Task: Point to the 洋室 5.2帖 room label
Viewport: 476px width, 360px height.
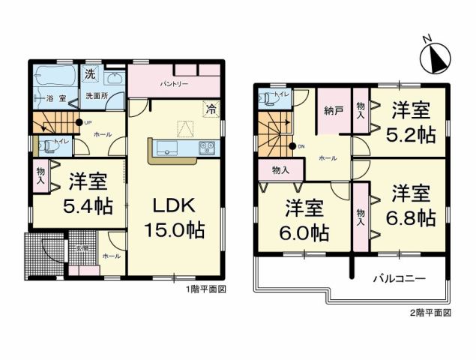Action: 412,122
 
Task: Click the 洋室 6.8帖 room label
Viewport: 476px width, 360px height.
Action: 412,205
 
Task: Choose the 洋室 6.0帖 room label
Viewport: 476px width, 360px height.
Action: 304,221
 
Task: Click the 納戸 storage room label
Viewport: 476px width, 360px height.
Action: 333,111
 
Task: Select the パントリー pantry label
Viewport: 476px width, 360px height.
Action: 173,84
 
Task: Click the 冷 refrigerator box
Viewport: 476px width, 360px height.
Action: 212,108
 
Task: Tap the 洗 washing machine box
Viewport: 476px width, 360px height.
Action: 90,74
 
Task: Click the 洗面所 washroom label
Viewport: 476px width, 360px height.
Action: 96,96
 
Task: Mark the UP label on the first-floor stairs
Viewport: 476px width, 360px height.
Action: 87,122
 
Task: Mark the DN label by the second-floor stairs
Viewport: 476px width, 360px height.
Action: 301,146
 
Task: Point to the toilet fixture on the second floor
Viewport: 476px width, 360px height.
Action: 267,97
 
